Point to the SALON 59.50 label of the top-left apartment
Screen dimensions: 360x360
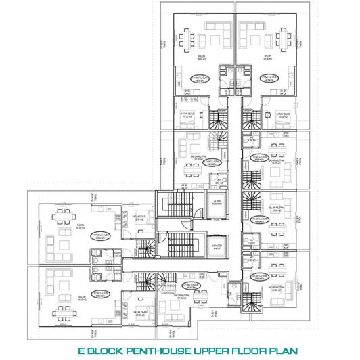[201, 58]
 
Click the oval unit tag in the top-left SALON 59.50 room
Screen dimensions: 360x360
[201, 78]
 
